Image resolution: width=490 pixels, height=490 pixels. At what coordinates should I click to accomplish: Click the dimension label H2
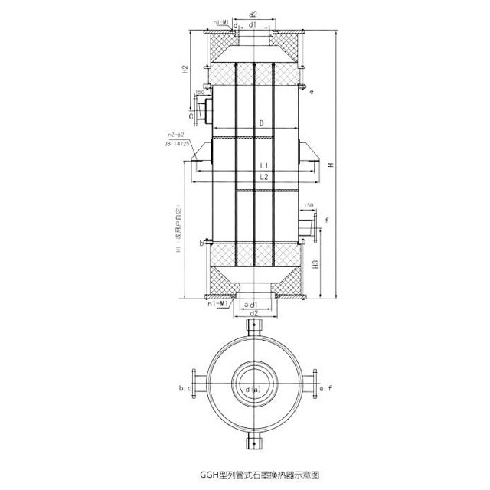coord(185,70)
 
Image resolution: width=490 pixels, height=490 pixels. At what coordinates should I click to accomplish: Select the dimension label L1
coord(263,165)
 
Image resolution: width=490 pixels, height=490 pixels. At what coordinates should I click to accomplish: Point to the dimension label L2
coord(263,177)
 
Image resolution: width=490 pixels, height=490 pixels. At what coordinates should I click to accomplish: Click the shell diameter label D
coord(261,122)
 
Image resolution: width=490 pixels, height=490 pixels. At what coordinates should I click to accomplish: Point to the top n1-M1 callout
coord(221,23)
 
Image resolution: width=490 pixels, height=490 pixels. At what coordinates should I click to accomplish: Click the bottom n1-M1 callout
coord(220,305)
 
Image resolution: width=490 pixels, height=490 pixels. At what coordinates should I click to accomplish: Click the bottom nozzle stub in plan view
coord(253,442)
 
